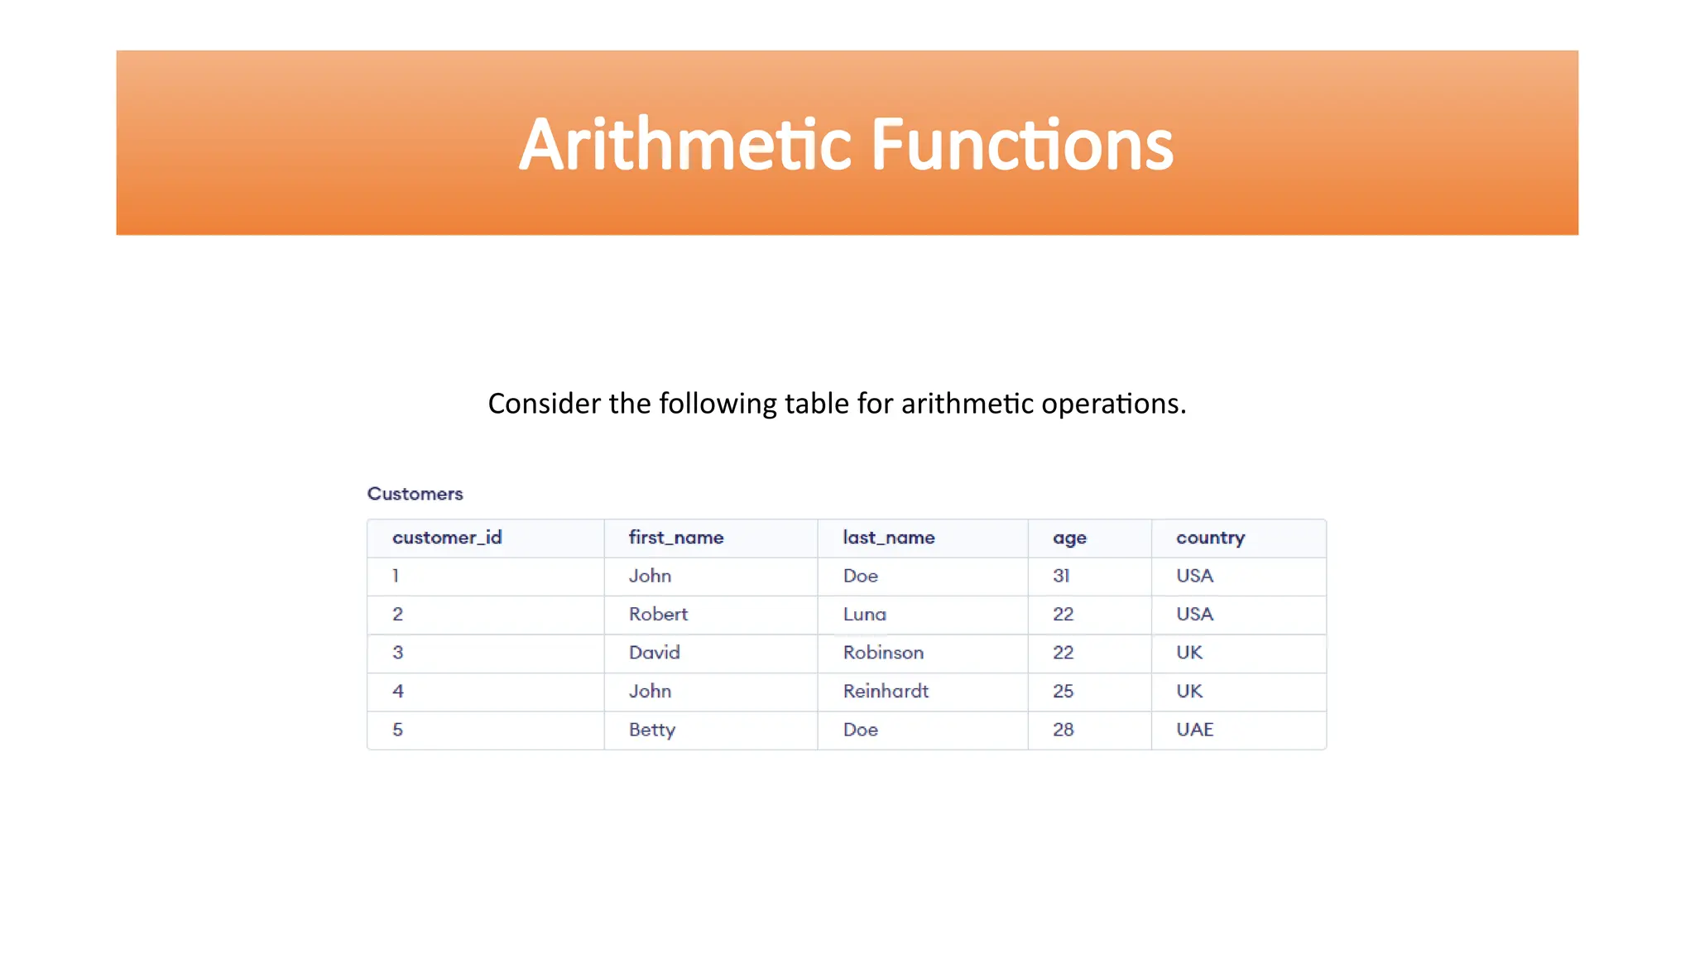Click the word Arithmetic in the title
(x=685, y=145)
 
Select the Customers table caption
(x=415, y=494)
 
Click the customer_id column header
(x=447, y=538)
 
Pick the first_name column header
(x=675, y=538)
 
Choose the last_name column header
(x=888, y=538)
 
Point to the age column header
(x=1069, y=539)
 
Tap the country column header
(x=1210, y=538)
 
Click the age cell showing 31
(x=1061, y=576)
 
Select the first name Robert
(x=658, y=614)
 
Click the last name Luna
(x=864, y=614)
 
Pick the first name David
(x=654, y=653)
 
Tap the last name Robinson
(x=883, y=653)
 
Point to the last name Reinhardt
(x=886, y=691)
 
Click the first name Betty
(x=652, y=730)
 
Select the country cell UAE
(x=1194, y=730)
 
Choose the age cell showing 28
(x=1063, y=730)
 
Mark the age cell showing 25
(x=1063, y=691)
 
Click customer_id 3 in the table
(x=397, y=653)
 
